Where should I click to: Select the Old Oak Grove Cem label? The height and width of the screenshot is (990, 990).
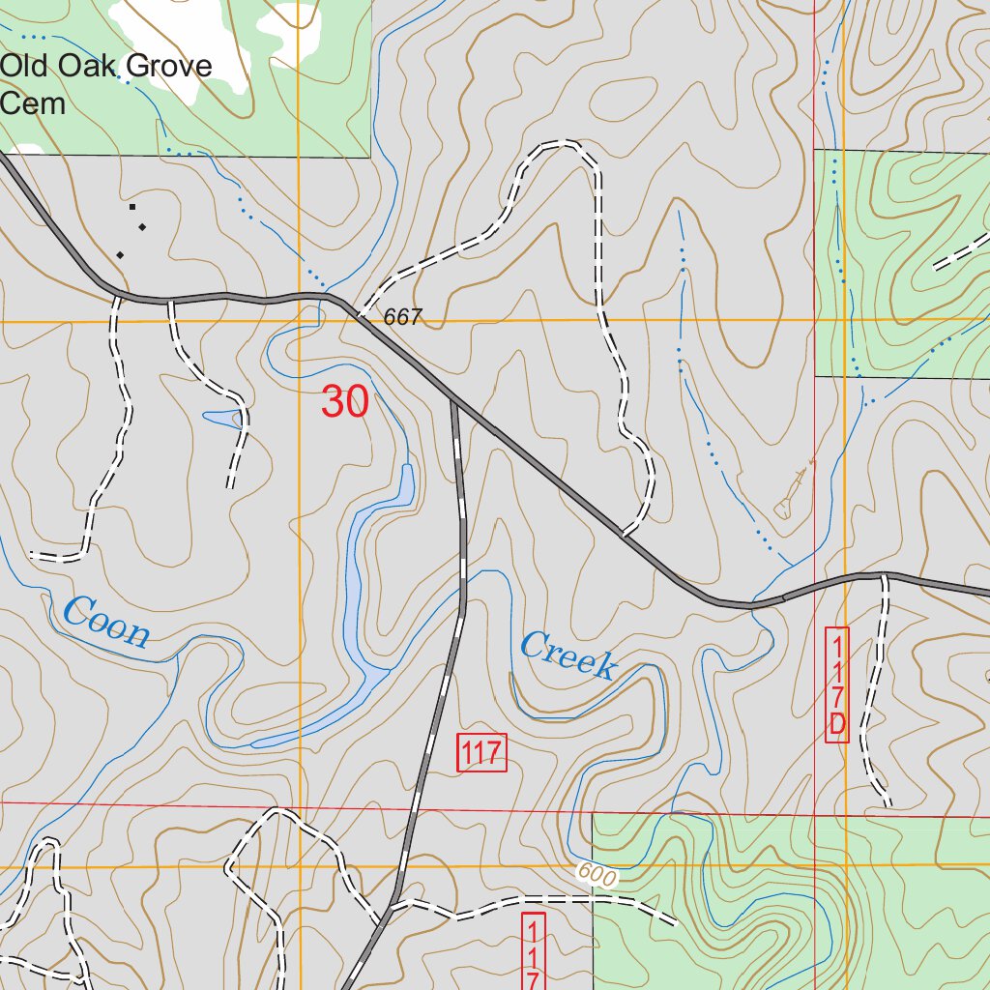[106, 84]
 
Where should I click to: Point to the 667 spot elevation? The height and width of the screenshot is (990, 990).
[402, 317]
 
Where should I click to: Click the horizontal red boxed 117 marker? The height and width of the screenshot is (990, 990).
[481, 752]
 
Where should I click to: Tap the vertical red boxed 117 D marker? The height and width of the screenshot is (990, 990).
[837, 684]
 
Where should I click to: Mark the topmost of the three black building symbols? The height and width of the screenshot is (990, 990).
[132, 206]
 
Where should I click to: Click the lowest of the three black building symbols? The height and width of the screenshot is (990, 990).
[120, 255]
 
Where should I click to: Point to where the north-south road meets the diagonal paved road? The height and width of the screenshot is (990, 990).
[453, 399]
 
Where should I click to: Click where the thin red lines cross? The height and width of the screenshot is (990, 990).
[815, 816]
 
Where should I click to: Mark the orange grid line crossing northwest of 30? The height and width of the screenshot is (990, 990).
[299, 320]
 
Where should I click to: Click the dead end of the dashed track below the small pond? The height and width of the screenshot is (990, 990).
[230, 486]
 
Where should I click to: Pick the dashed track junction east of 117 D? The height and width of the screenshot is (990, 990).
[884, 577]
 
